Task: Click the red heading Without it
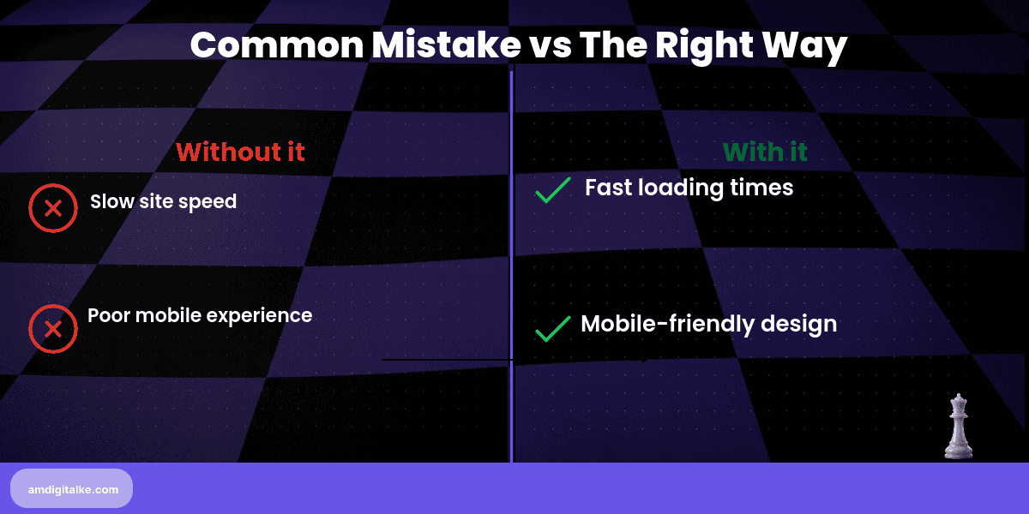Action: click(x=240, y=152)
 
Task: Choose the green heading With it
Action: click(x=765, y=152)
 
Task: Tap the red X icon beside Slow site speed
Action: click(x=53, y=208)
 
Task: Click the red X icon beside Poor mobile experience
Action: click(x=53, y=329)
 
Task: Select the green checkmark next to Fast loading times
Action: click(x=553, y=190)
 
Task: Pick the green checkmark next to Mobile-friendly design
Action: click(x=553, y=328)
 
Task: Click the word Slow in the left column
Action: click(x=111, y=202)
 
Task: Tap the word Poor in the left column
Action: click(x=108, y=315)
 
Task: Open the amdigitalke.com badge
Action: click(x=72, y=488)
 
